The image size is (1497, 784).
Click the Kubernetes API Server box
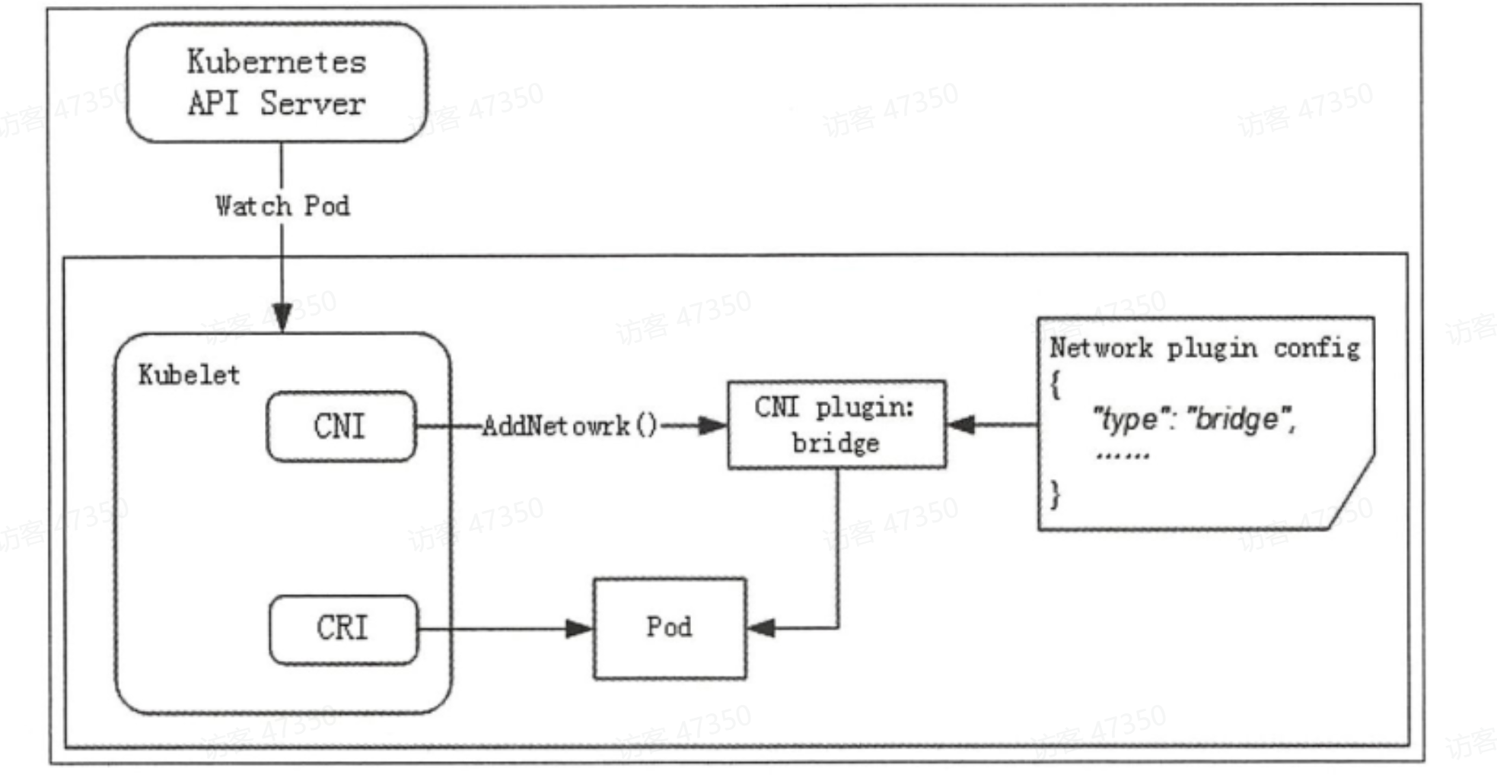(x=276, y=82)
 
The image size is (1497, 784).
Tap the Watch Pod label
(x=282, y=206)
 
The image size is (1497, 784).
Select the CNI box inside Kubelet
(x=341, y=427)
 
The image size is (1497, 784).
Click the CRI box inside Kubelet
(x=343, y=629)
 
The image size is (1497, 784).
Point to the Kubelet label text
(x=189, y=375)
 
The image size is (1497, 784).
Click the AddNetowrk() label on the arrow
(x=569, y=426)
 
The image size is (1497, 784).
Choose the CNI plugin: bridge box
(x=836, y=425)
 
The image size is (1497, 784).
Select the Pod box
(x=670, y=628)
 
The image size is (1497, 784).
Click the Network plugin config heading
(x=1204, y=348)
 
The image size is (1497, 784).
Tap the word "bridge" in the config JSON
(x=1238, y=419)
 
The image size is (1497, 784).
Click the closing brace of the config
(x=1055, y=494)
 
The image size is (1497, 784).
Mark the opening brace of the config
(x=1055, y=385)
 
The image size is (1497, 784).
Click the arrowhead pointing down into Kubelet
(x=282, y=318)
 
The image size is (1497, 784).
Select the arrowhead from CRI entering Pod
(x=579, y=629)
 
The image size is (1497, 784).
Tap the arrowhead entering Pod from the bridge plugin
(x=761, y=628)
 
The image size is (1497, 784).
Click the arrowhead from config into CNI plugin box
(x=962, y=424)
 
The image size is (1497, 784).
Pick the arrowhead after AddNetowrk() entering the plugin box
(x=712, y=426)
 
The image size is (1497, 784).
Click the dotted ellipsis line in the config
(x=1123, y=456)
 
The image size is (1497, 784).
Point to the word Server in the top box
(x=313, y=104)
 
